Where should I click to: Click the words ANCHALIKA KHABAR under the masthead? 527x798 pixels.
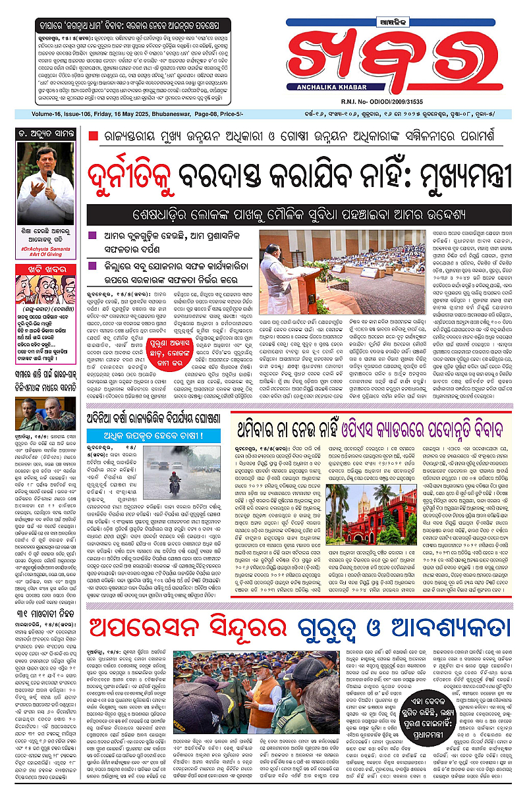pos(321,92)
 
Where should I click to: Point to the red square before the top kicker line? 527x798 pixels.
pos(94,136)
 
